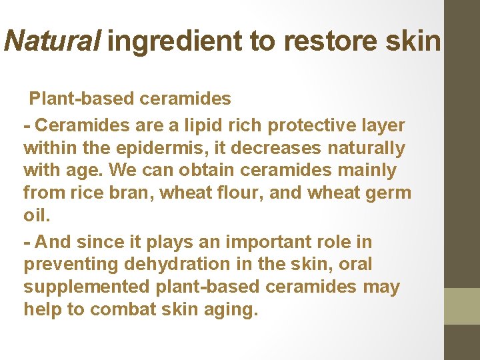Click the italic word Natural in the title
tap(52, 41)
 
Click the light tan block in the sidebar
tap(462, 306)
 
